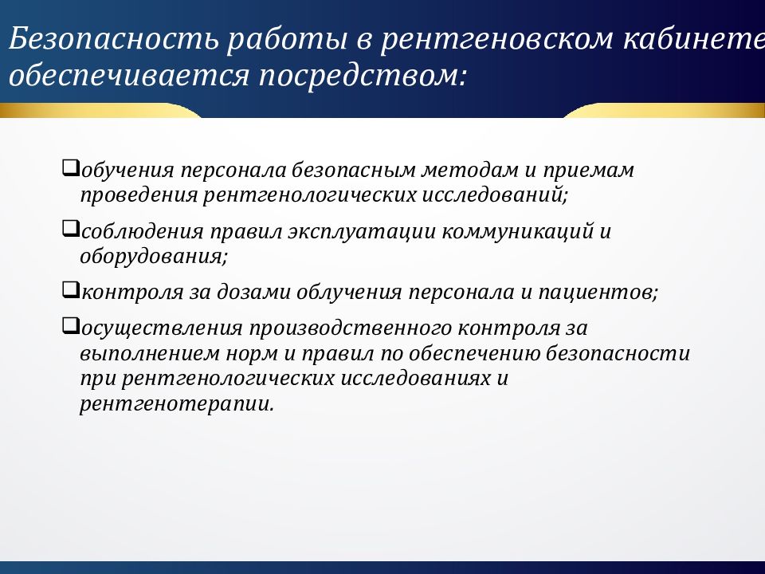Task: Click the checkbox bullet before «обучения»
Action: click(69, 168)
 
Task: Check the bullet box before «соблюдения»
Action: click(69, 230)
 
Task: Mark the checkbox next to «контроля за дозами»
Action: click(69, 289)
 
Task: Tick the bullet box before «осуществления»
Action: click(69, 325)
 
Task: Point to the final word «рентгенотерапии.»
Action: click(176, 403)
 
